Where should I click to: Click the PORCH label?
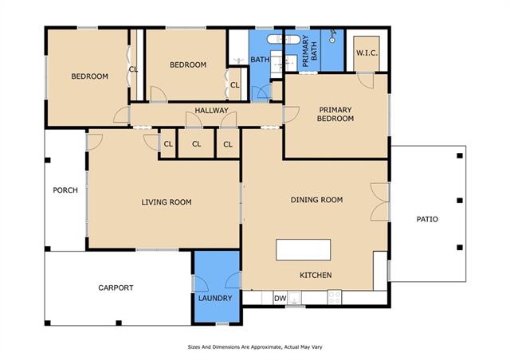pyautogui.click(x=65, y=190)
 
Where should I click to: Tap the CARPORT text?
pyautogui.click(x=116, y=288)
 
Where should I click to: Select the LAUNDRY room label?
pyautogui.click(x=215, y=298)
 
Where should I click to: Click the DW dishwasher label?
pyautogui.click(x=280, y=299)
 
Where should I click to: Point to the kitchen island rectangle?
pyautogui.click(x=303, y=250)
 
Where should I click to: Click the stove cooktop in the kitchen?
pyautogui.click(x=335, y=297)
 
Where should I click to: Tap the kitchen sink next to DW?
pyautogui.click(x=295, y=298)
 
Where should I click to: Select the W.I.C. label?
pyautogui.click(x=367, y=53)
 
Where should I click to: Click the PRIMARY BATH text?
pyautogui.click(x=309, y=51)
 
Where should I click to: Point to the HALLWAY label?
pyautogui.click(x=211, y=111)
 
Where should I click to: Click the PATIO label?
pyautogui.click(x=427, y=219)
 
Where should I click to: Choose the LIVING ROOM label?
pyautogui.click(x=167, y=202)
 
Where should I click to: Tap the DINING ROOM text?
pyautogui.click(x=317, y=200)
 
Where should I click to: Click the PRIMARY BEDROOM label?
pyautogui.click(x=335, y=114)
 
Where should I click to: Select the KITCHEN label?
pyautogui.click(x=316, y=275)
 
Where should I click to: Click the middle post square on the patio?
pyautogui.click(x=460, y=201)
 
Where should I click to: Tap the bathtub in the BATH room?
pyautogui.click(x=284, y=40)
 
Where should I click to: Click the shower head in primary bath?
pyautogui.click(x=332, y=36)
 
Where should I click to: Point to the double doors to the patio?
pyautogui.click(x=379, y=202)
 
